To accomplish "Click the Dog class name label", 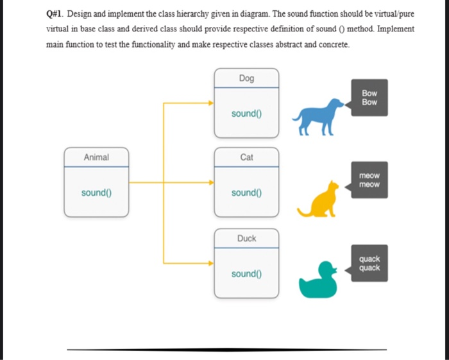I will click(246, 78).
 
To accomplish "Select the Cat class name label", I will click(246, 157).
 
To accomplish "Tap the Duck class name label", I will click(246, 238).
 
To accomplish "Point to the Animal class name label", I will click(96, 157).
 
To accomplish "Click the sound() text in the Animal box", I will click(96, 193).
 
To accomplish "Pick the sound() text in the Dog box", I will click(246, 114).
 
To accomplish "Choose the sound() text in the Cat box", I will click(246, 193).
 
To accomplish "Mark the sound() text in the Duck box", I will click(246, 274).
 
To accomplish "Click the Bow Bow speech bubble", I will click(369, 98).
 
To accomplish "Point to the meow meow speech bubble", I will click(369, 180).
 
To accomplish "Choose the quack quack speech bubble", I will click(369, 263).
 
